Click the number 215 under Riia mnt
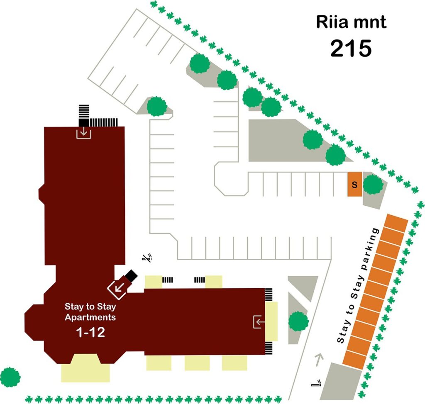point(351,48)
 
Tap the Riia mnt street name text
point(351,22)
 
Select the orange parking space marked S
point(354,184)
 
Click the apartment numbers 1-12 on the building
point(90,332)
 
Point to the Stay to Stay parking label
point(357,285)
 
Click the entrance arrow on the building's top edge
point(84,133)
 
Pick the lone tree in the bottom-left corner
point(10,377)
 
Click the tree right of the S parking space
point(373,185)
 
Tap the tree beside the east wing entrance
point(298,321)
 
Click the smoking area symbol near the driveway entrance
point(316,383)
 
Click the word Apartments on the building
point(90,317)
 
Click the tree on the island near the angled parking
point(156,106)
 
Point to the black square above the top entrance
point(84,122)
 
